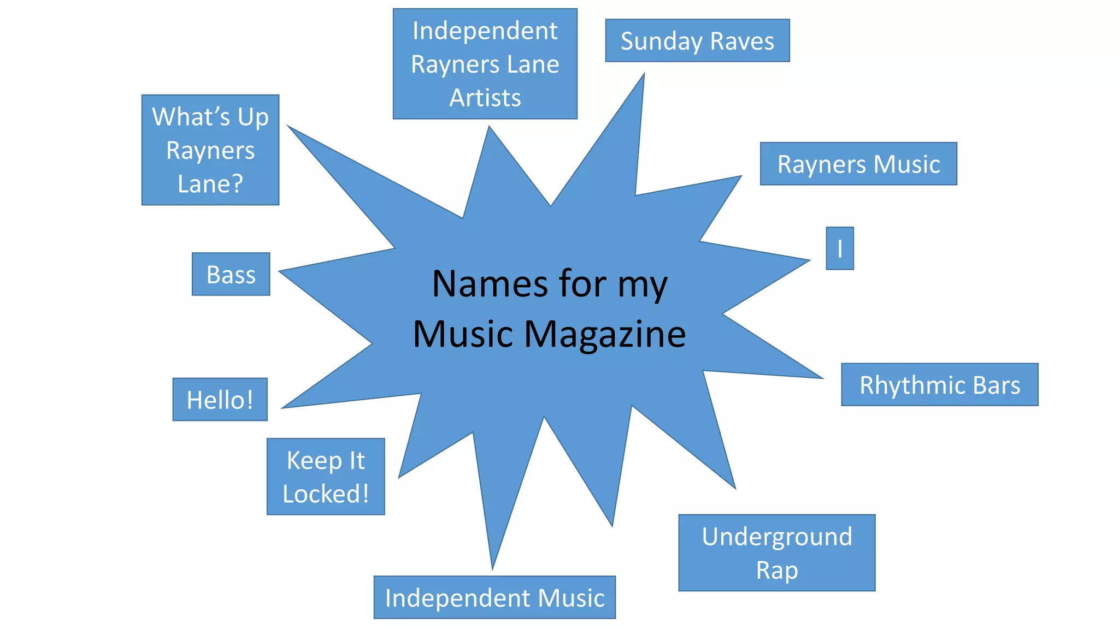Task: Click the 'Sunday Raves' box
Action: coord(697,40)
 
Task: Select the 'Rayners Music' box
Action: coord(858,164)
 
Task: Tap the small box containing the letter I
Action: coord(840,248)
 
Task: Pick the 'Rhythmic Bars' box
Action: coord(939,384)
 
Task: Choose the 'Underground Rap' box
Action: coord(776,553)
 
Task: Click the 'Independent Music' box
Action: coord(494,597)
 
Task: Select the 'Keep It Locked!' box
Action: coord(326,476)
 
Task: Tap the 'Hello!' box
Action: coord(220,400)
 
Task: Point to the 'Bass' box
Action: coord(231,274)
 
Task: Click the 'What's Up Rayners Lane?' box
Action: coord(210,150)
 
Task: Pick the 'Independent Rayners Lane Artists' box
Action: coord(485,63)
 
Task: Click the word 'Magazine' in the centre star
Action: coord(605,334)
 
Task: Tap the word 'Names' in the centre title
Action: coord(490,284)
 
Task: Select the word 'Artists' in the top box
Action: coord(485,98)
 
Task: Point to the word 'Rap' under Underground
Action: coord(777,570)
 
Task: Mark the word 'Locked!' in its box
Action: coord(326,494)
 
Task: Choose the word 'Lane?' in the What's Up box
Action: coord(210,184)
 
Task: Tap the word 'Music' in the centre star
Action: coord(463,334)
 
